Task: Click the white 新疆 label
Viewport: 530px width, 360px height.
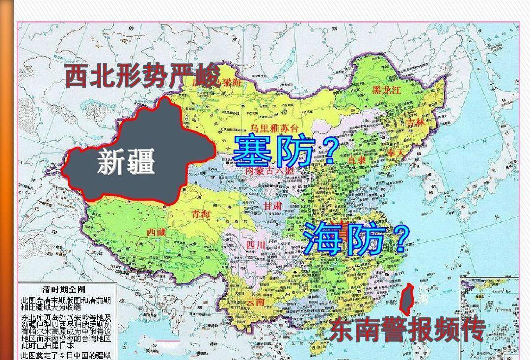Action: click(x=126, y=161)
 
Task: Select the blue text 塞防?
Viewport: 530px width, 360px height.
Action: click(x=285, y=151)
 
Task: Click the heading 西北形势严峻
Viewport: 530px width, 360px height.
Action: click(x=142, y=77)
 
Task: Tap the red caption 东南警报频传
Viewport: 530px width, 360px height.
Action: click(x=407, y=330)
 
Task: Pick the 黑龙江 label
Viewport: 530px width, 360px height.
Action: click(x=387, y=90)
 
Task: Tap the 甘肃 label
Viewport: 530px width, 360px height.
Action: click(x=273, y=206)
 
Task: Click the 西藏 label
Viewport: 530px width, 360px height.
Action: click(x=156, y=232)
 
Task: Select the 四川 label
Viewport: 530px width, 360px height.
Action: click(x=255, y=245)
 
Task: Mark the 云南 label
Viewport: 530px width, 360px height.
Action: click(x=256, y=302)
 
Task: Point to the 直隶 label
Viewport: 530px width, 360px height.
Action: click(x=357, y=160)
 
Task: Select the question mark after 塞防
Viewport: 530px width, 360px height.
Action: click(x=330, y=152)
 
